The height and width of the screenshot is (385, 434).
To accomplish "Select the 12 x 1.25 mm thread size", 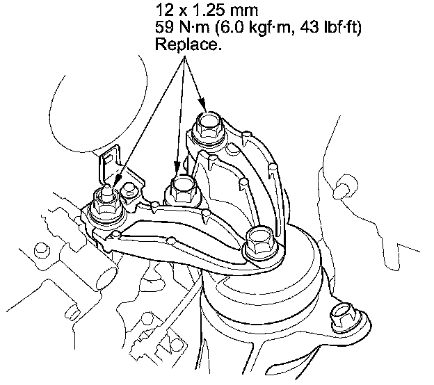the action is (207, 11).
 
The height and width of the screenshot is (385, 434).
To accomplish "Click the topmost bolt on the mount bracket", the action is (208, 126).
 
